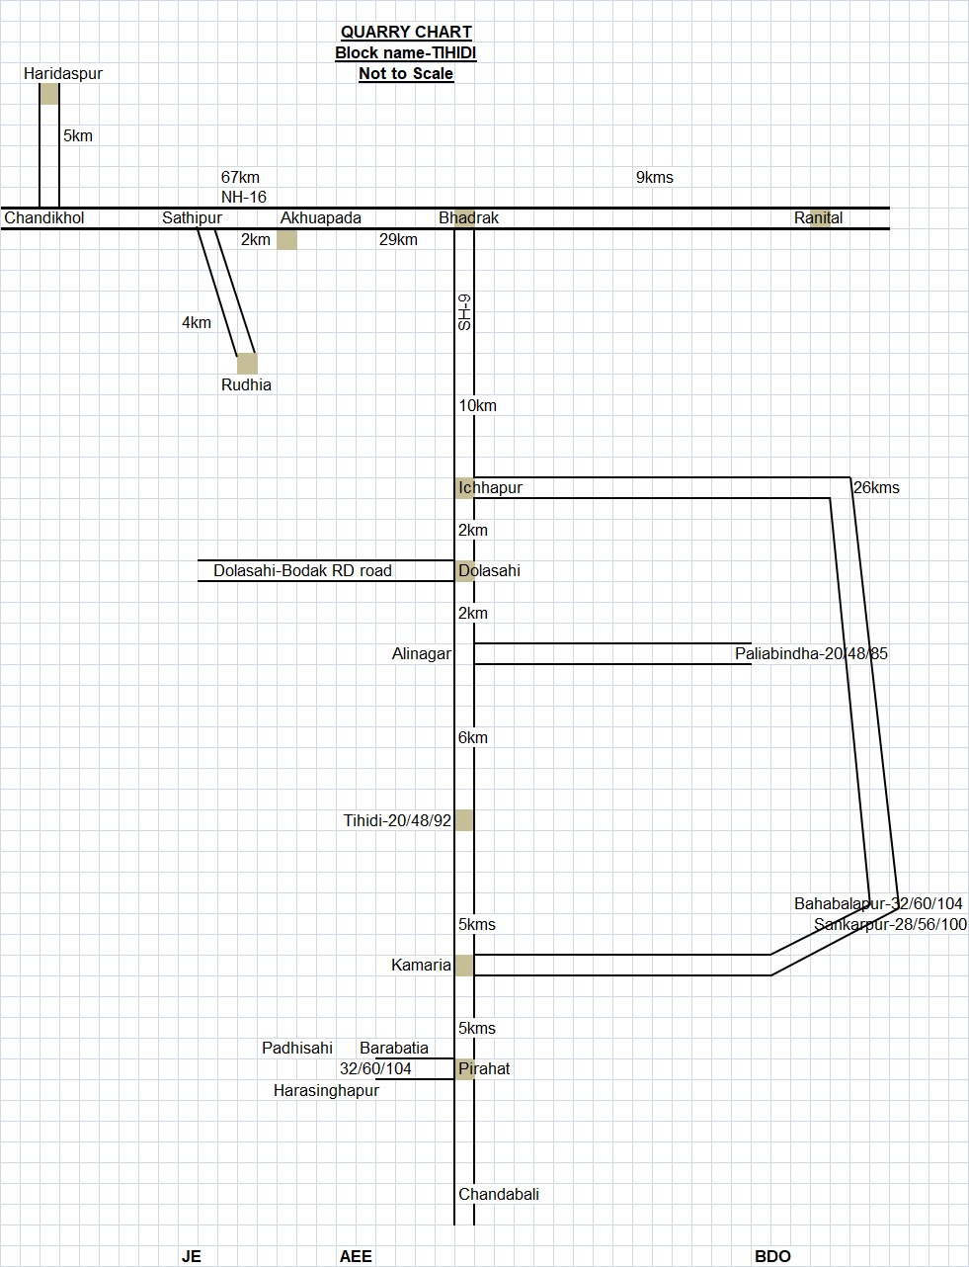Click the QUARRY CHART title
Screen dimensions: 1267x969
click(x=406, y=33)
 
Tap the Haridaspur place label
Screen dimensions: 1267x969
click(x=63, y=74)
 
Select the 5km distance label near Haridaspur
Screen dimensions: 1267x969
click(x=78, y=136)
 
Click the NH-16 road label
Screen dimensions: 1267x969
click(x=244, y=198)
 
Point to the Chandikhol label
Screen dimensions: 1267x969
click(x=44, y=218)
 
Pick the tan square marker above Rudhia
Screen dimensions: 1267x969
click(x=247, y=364)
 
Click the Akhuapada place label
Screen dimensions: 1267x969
click(x=321, y=218)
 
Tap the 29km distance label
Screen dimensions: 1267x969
click(x=398, y=240)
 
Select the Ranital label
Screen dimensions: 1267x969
click(x=819, y=218)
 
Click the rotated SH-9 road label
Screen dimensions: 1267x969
click(x=464, y=312)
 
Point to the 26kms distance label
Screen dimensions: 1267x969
click(x=876, y=488)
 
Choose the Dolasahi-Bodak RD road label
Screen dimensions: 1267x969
click(x=302, y=571)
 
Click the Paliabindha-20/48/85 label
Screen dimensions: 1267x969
click(x=811, y=654)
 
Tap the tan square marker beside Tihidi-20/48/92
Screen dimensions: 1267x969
click(x=464, y=820)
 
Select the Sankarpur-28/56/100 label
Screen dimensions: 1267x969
click(x=890, y=925)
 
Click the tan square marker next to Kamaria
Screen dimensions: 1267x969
click(x=464, y=966)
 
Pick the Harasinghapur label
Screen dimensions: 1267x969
click(x=326, y=1091)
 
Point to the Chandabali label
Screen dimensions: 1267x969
click(x=499, y=1195)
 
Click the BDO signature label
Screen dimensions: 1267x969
click(x=772, y=1257)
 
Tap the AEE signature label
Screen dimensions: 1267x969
click(x=356, y=1257)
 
